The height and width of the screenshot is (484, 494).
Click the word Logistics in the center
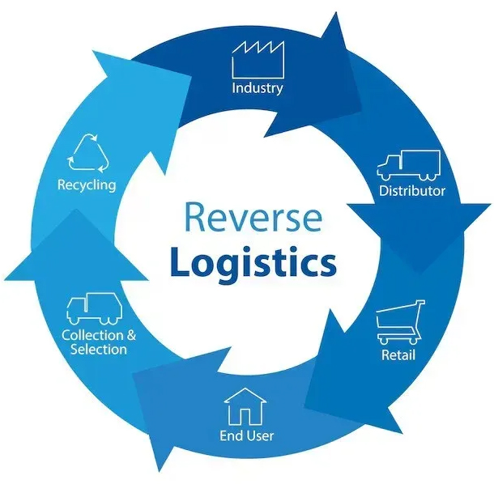coord(252,263)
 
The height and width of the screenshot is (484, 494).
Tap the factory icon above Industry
coord(258,60)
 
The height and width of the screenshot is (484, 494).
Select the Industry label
coord(258,88)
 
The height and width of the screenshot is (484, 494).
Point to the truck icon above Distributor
coord(408,166)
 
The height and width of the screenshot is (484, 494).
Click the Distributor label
coord(412,192)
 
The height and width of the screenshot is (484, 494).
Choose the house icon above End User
coord(246,405)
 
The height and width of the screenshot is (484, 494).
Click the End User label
coord(247,436)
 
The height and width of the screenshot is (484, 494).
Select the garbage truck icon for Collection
coord(91,308)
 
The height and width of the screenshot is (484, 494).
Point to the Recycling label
coord(86,185)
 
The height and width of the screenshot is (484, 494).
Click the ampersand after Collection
coord(132,335)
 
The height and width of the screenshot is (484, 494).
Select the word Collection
coord(92,335)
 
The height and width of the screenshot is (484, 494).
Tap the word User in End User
coord(260,436)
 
